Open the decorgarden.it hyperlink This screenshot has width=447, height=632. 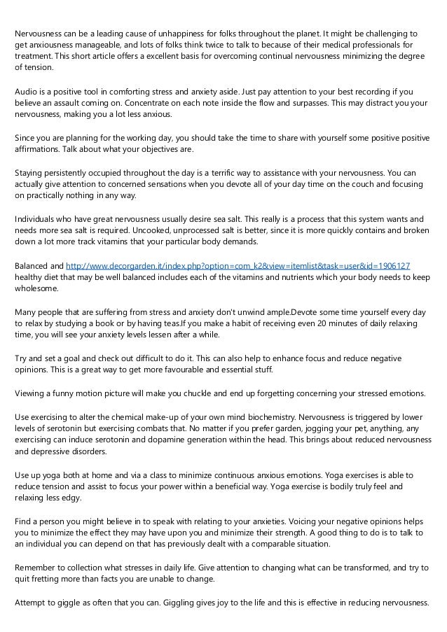pos(238,267)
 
